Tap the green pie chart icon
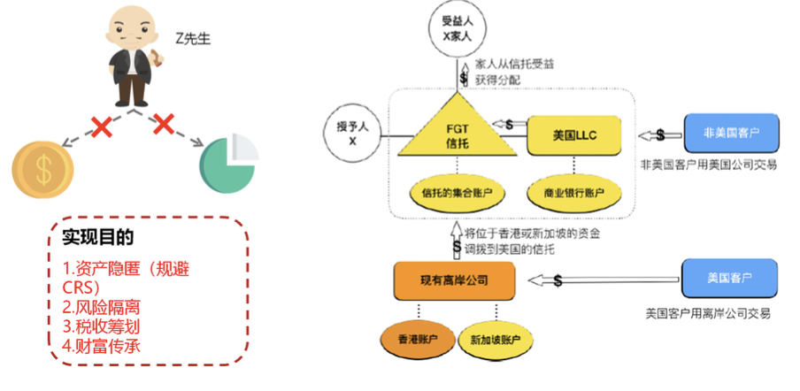pyautogui.click(x=228, y=165)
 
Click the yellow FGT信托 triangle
pyautogui.click(x=458, y=135)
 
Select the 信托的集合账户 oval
pyautogui.click(x=457, y=190)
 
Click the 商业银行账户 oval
pyautogui.click(x=573, y=190)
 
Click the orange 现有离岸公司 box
pyautogui.click(x=454, y=280)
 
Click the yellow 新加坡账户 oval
pyautogui.click(x=496, y=339)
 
